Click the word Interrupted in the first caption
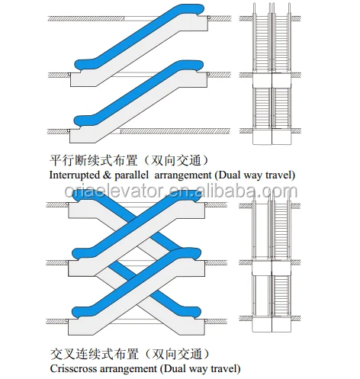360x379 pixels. pyautogui.click(x=74, y=175)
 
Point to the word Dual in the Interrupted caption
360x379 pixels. pyautogui.click(x=229, y=175)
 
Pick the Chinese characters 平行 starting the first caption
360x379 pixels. pyautogui.click(x=62, y=161)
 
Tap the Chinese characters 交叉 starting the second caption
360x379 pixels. pyautogui.click(x=63, y=354)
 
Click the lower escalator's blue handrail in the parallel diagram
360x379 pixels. pyautogui.click(x=139, y=93)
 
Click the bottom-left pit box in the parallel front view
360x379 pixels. pyautogui.click(x=262, y=137)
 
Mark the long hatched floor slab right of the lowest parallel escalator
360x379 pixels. pyautogui.click(x=175, y=131)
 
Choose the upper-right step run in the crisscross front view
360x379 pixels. pyautogui.click(x=281, y=230)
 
